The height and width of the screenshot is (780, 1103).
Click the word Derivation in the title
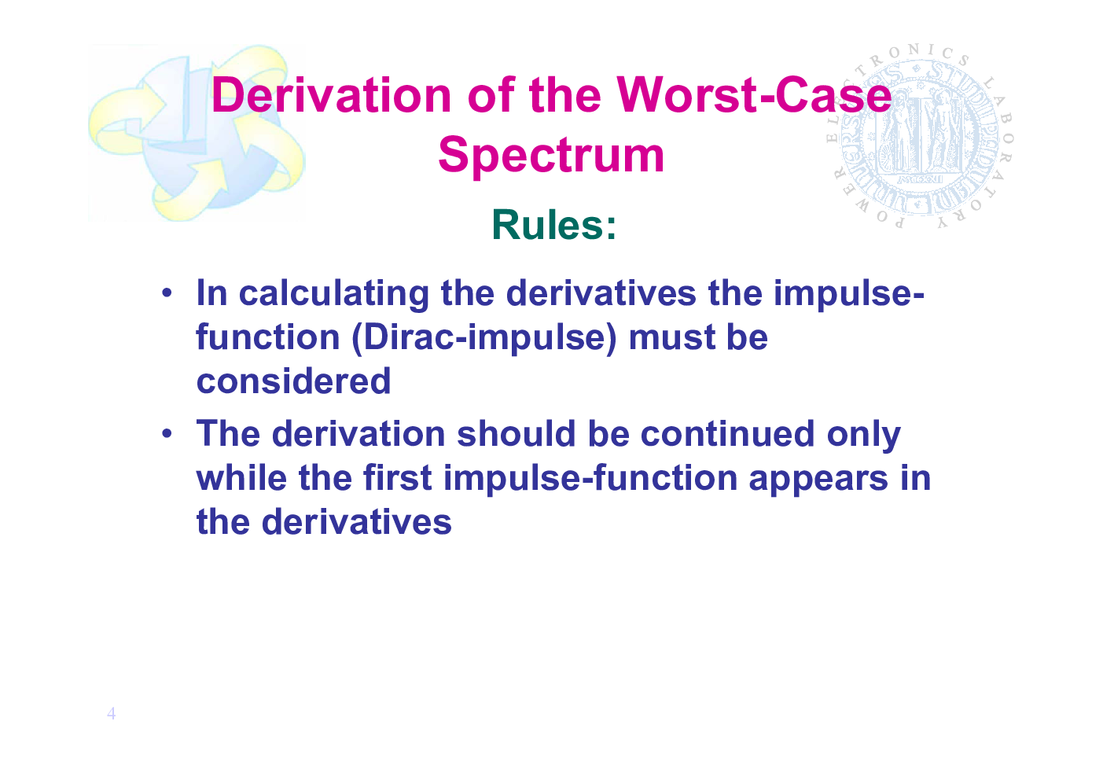tap(332, 94)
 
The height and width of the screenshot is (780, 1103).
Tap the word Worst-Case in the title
tap(755, 94)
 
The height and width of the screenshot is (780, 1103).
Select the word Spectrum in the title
tap(551, 156)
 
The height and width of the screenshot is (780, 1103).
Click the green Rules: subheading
tap(554, 225)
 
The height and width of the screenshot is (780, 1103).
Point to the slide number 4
tap(112, 713)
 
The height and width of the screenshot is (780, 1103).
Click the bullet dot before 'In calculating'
tap(167, 292)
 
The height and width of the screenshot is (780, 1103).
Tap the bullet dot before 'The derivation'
tap(167, 433)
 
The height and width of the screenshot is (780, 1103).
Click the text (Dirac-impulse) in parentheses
tap(484, 338)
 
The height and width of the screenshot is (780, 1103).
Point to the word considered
tap(293, 381)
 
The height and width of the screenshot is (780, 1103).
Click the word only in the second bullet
tap(864, 436)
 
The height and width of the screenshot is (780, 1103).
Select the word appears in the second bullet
tap(818, 480)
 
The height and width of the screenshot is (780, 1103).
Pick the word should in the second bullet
tap(517, 434)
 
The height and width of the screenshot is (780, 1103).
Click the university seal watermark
tap(920, 137)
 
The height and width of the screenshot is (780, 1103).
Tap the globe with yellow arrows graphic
tap(197, 133)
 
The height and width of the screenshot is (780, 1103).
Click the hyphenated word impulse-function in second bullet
tap(590, 479)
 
